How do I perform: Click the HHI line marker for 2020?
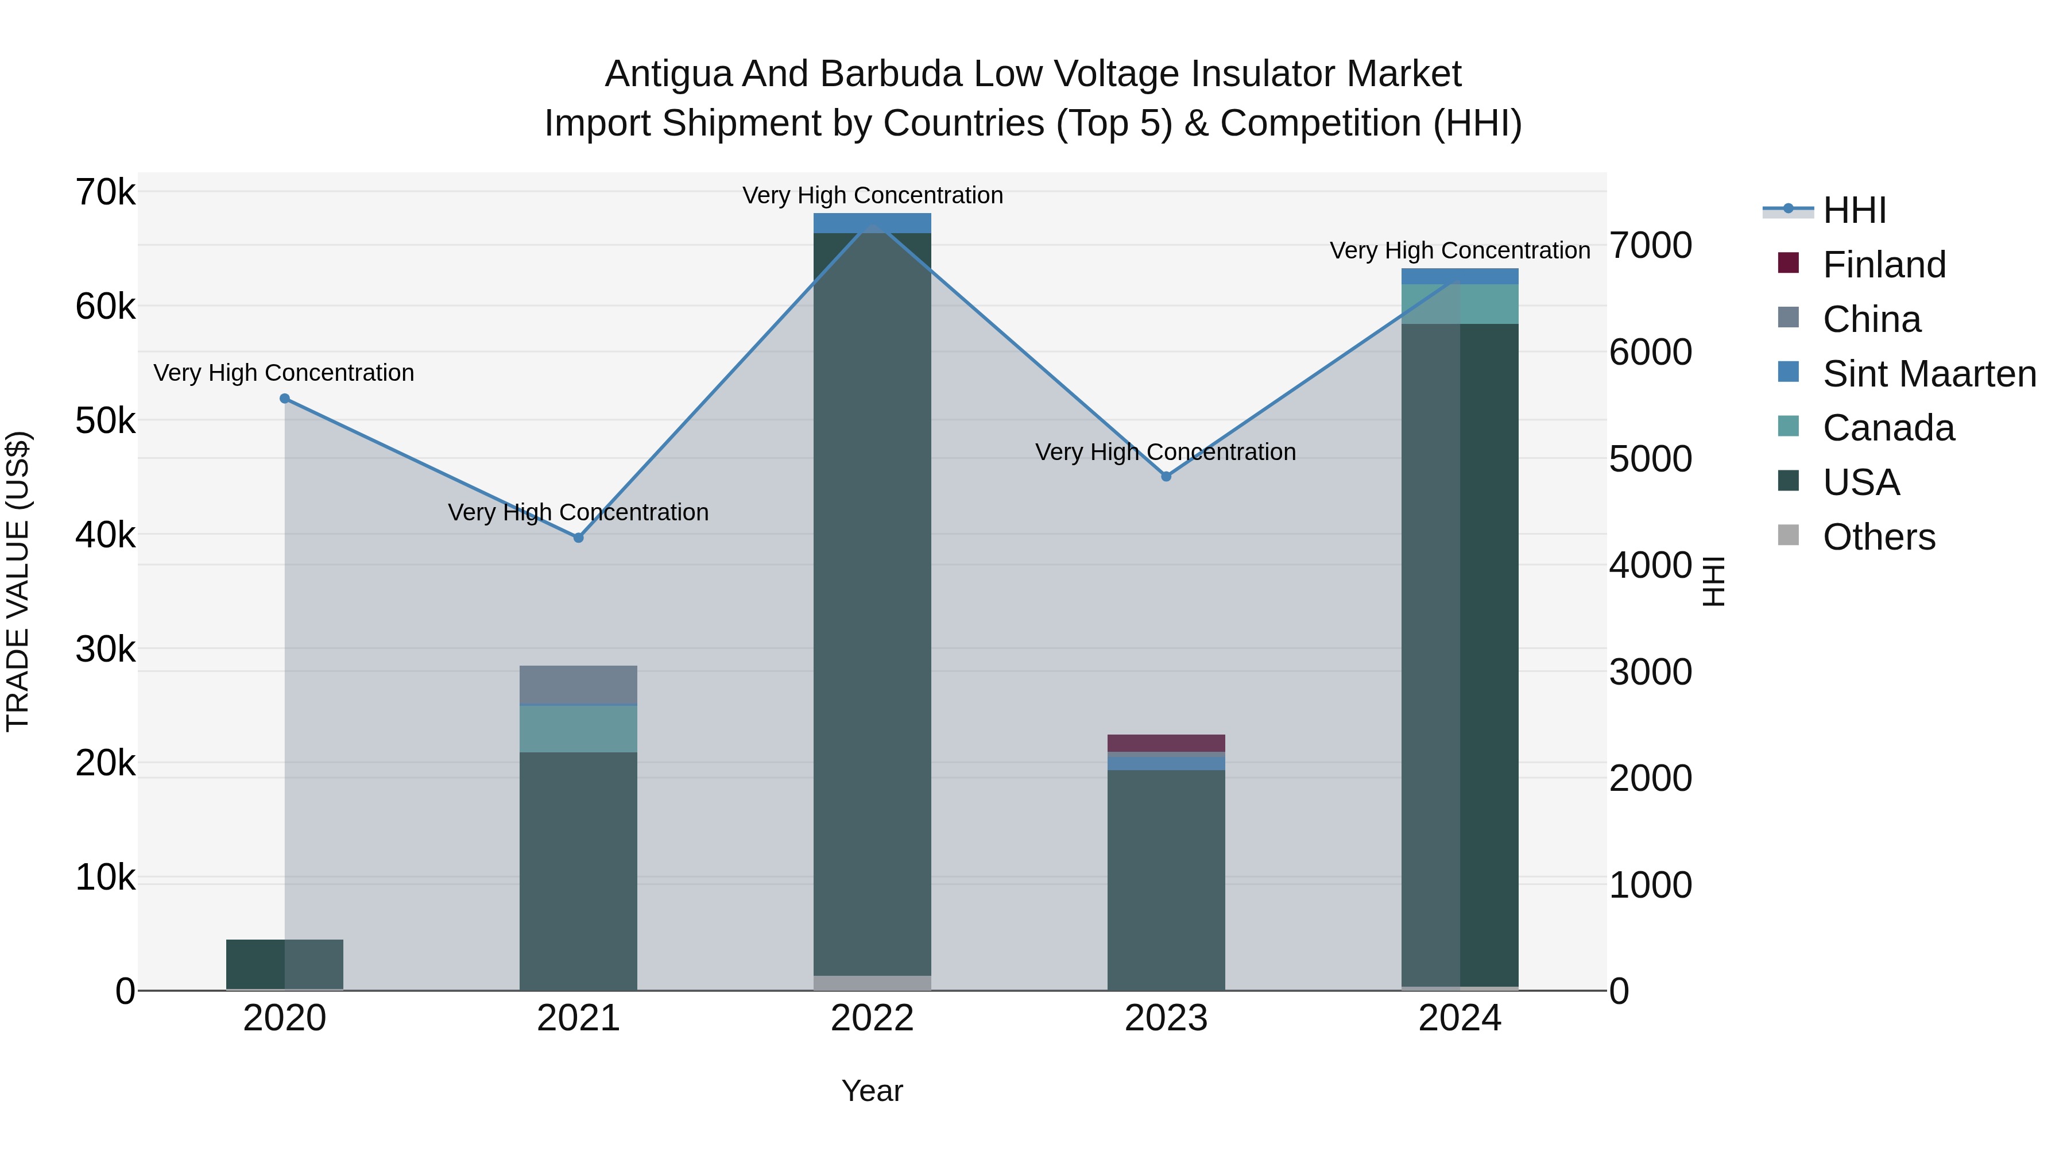pos(285,399)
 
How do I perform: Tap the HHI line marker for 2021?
pos(579,538)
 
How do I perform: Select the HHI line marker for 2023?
pos(1167,477)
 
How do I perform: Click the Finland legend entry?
pos(1884,265)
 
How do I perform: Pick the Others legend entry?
pos(1879,537)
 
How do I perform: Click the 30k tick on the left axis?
pos(105,650)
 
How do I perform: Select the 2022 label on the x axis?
pos(872,1018)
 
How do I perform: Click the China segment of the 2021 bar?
pos(579,685)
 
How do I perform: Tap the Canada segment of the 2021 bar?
pos(579,729)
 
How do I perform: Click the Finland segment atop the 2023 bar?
pos(1167,743)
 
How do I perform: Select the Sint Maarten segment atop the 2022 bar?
pos(872,223)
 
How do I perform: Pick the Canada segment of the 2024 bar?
pos(1460,304)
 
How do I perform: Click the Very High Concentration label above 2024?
pos(1460,250)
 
